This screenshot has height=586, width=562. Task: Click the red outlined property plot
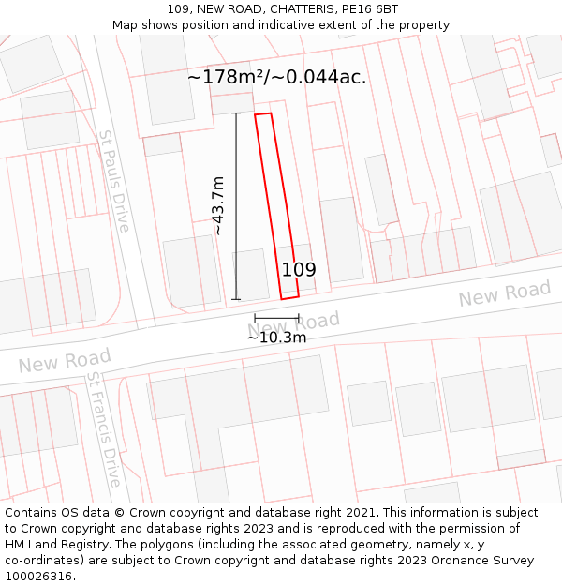click(276, 206)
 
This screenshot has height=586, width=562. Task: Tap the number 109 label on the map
click(299, 270)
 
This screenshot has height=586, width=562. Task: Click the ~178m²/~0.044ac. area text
click(277, 77)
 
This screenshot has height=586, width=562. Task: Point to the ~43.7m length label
click(218, 205)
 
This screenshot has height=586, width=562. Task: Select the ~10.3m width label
click(276, 337)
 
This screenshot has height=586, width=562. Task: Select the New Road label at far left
click(65, 360)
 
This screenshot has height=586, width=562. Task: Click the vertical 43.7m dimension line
click(236, 206)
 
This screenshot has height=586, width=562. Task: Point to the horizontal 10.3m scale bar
click(276, 319)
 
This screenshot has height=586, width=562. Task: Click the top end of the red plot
click(263, 116)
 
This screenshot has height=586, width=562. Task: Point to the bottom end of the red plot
click(289, 295)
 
